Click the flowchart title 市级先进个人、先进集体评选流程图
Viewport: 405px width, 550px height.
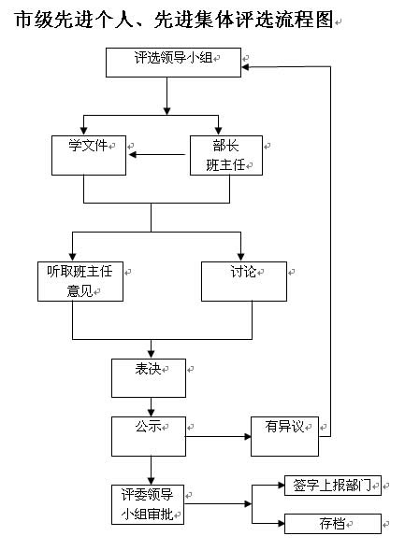[x=174, y=20]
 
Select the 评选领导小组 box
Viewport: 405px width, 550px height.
[x=174, y=63]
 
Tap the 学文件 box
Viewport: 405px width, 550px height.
[x=89, y=155]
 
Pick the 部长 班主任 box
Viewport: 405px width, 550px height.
[x=226, y=155]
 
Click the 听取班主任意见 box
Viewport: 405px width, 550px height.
[x=80, y=281]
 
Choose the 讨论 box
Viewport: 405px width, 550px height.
[x=244, y=281]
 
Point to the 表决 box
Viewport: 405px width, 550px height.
[x=149, y=378]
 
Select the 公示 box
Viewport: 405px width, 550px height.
[x=149, y=436]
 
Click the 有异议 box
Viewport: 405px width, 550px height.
[x=285, y=436]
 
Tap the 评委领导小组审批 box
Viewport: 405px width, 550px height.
[x=148, y=505]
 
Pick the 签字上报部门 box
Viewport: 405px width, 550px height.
[x=333, y=486]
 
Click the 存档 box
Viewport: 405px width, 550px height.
[x=333, y=524]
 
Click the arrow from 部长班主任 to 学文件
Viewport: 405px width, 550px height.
[x=157, y=154]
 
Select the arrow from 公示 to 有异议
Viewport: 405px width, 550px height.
[x=218, y=436]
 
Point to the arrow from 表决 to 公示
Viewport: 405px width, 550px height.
[x=151, y=407]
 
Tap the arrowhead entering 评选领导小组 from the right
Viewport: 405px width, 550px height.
[x=245, y=66]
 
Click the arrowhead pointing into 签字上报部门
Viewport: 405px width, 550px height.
[x=281, y=486]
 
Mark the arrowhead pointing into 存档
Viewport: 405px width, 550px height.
[x=281, y=524]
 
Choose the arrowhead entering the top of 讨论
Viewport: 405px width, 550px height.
[x=241, y=257]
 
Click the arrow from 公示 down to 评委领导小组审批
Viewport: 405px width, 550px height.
[x=151, y=471]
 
